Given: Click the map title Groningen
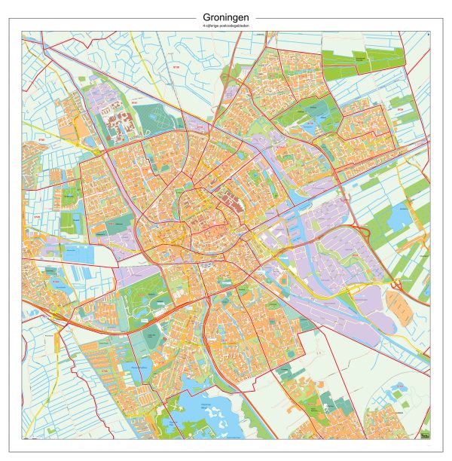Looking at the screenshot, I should (226, 17).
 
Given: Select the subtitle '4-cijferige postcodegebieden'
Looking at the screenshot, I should (226, 26).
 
